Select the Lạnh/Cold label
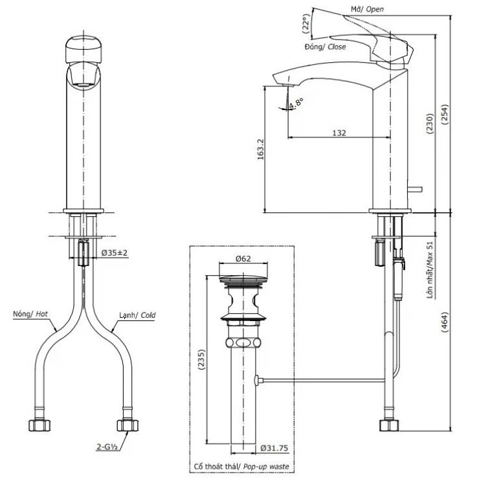[x=137, y=315]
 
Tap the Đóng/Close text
[x=325, y=47]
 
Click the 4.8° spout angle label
[x=296, y=102]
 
